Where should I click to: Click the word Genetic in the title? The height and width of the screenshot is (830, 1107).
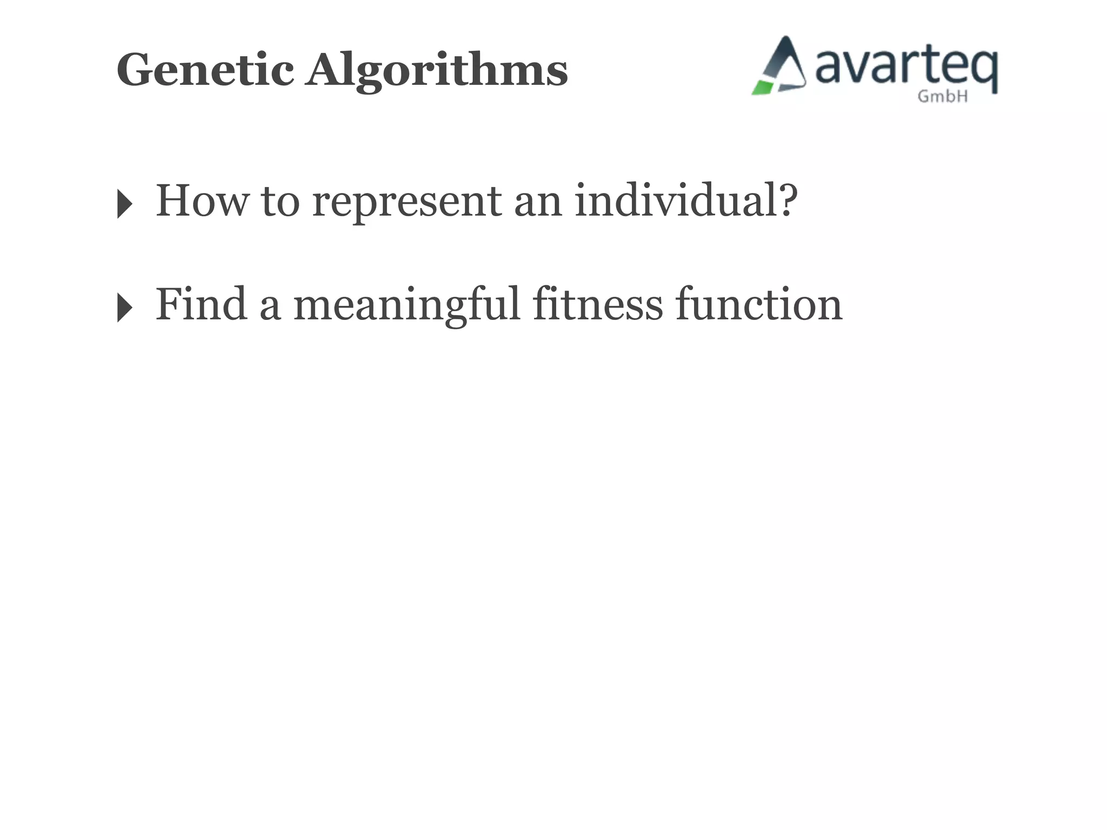(205, 70)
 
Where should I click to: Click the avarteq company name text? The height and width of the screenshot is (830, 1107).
(905, 68)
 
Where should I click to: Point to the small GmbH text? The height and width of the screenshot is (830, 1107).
(943, 96)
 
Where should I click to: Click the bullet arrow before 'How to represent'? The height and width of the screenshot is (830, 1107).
(124, 204)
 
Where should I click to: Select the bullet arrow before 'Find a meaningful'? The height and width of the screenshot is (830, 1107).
(124, 307)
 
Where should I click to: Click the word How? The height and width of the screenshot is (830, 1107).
(202, 201)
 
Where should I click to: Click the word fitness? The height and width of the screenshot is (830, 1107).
(598, 305)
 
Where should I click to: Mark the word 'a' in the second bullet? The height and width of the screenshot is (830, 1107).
(270, 308)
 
